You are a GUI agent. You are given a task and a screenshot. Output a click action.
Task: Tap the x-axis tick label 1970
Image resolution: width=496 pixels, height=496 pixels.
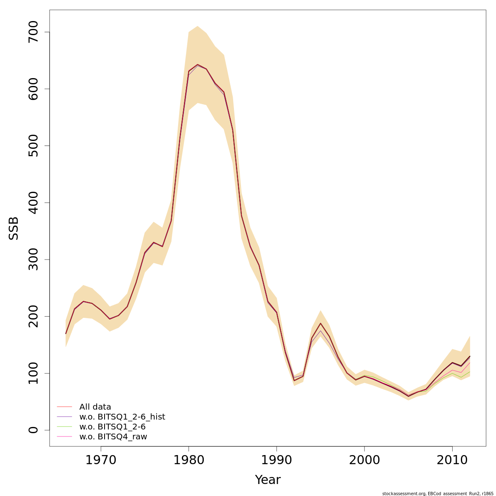click(100, 460)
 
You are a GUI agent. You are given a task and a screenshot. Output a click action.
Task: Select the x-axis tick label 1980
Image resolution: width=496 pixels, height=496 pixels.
click(188, 460)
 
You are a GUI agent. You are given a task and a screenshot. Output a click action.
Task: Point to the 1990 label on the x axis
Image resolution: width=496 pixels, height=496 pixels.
click(277, 460)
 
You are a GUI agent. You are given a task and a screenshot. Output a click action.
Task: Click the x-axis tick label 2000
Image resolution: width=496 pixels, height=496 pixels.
click(364, 460)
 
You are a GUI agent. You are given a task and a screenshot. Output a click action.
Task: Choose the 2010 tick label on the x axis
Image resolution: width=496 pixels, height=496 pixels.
click(452, 460)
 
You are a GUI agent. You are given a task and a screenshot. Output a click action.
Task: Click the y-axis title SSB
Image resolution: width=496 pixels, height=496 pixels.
click(14, 228)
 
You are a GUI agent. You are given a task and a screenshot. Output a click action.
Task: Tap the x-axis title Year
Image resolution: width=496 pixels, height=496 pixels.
click(267, 480)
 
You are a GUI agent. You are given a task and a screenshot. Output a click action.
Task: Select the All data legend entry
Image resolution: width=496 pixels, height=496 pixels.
click(95, 407)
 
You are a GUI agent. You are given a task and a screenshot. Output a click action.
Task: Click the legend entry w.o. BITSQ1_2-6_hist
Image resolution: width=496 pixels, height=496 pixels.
click(122, 417)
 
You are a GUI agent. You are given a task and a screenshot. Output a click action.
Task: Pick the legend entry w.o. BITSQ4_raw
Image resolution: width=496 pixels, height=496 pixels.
click(113, 437)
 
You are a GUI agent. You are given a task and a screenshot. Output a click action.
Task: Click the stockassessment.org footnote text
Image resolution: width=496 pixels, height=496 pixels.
click(438, 494)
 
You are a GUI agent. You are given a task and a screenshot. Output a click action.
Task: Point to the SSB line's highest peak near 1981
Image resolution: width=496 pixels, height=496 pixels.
click(197, 64)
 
